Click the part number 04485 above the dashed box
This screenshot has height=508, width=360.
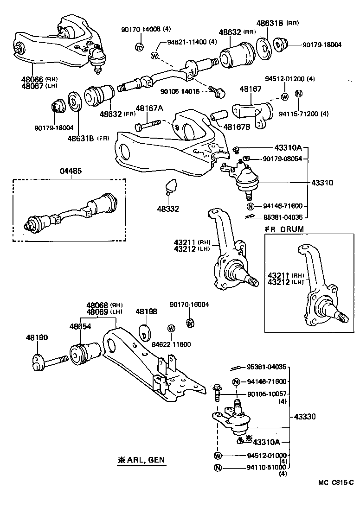click(x=71, y=171)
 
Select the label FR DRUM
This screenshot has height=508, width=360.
click(x=284, y=229)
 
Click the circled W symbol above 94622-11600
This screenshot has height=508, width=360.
click(x=171, y=329)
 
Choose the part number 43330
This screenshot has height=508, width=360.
click(x=304, y=417)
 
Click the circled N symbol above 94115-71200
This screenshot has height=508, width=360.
click(x=299, y=94)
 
